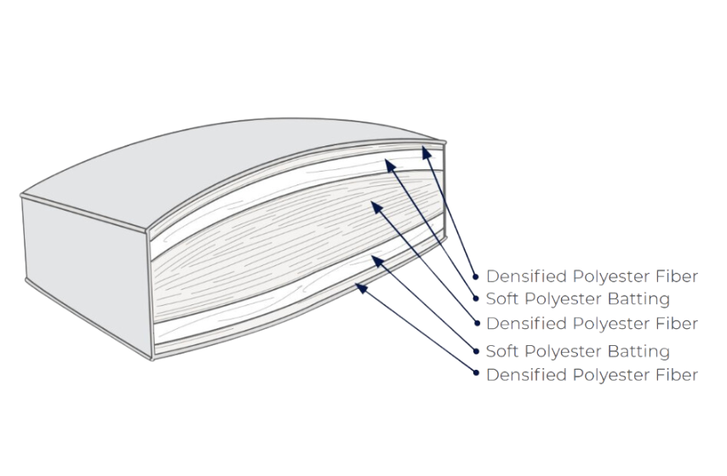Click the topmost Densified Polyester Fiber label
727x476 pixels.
point(592,276)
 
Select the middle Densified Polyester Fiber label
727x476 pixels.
point(592,324)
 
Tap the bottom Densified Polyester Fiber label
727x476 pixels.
point(592,375)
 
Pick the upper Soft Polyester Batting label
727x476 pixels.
point(577,299)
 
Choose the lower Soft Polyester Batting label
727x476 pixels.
point(577,351)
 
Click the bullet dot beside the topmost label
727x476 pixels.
point(476,277)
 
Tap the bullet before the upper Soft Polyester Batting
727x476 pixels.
point(476,299)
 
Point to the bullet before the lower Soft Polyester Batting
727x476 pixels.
point(476,351)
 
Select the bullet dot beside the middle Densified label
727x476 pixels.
point(476,324)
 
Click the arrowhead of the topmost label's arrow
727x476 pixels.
point(426,152)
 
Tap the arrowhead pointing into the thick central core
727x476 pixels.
point(374,205)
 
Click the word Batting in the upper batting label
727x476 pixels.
point(638,299)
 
